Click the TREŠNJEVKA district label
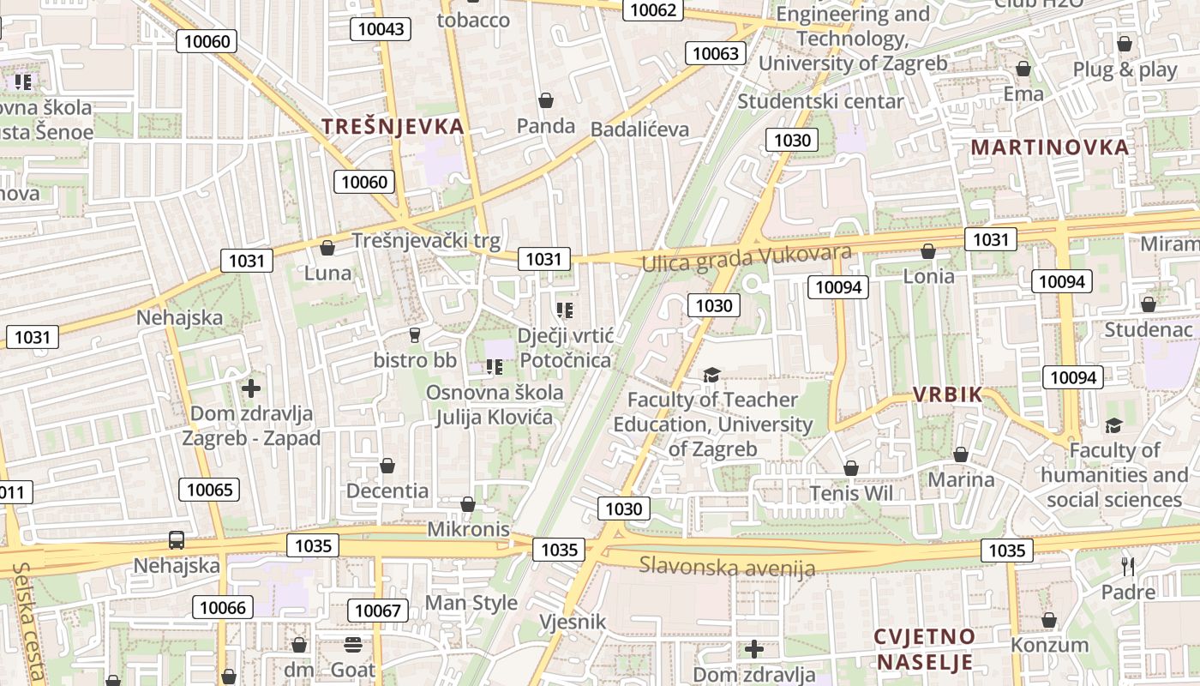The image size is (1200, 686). coord(393,126)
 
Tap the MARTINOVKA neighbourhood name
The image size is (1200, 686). coord(1049,147)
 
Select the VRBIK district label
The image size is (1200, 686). coord(947,394)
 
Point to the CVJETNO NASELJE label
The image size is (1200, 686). coord(924,649)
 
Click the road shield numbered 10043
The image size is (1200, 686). coord(381,29)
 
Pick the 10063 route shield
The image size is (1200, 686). coord(715,53)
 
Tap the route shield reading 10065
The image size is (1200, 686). coord(209,490)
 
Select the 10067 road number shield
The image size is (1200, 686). coord(377,611)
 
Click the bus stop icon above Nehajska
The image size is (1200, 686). coord(176,540)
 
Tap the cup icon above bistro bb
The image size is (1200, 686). coord(415,334)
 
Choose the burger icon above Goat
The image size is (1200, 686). coord(352,644)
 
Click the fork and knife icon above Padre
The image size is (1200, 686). coord(1128,566)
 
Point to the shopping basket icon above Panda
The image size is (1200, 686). coord(545,100)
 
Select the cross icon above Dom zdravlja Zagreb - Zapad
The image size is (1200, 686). coord(250,388)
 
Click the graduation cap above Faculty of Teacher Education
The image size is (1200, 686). coord(711,375)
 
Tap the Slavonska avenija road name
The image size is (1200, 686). coord(727,566)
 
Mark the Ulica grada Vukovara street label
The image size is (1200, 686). coord(747,257)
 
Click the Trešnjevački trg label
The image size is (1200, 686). coord(426,241)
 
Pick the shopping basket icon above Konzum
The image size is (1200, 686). coord(1049,620)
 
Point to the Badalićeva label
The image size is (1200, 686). coord(639,129)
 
